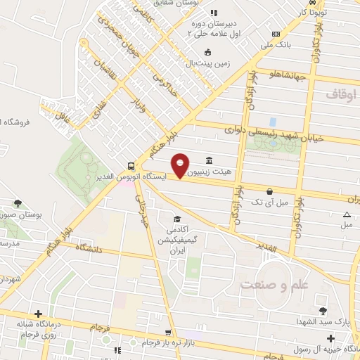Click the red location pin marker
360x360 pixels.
tap(181, 165)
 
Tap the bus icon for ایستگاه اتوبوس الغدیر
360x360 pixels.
tap(131, 167)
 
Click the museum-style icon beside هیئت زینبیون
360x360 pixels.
tap(208, 160)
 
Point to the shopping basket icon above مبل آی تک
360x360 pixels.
tap(269, 191)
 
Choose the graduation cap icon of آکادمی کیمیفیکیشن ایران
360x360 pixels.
tap(178, 218)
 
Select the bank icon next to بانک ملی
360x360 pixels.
tap(276, 34)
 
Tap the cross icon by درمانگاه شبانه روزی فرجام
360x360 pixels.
tap(38, 314)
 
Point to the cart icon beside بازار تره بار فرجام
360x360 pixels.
tap(167, 333)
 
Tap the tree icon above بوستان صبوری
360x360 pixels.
tap(18, 203)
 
